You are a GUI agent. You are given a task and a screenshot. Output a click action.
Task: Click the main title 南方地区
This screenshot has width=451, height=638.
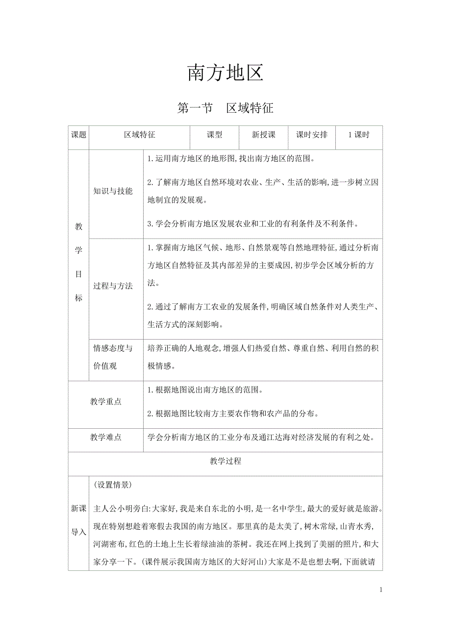coord(225,73)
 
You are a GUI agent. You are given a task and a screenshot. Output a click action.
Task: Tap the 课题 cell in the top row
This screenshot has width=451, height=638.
coord(78,135)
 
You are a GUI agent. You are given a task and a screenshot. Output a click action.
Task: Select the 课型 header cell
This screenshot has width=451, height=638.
coord(214,135)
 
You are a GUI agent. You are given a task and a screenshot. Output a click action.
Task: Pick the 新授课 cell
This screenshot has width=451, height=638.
coord(263,135)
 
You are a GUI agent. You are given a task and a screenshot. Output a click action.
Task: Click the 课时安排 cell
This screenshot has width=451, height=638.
coord(311,135)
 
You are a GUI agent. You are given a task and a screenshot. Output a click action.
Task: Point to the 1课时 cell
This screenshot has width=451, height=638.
coord(358,135)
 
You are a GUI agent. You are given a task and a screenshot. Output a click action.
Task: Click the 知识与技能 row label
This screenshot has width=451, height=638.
coord(113,192)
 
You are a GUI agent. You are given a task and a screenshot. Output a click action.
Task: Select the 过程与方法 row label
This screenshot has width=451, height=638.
coord(113,286)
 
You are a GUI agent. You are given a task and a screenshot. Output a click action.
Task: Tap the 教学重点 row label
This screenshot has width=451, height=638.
coord(106,402)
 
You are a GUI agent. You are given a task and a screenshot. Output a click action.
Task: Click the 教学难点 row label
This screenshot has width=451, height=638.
coord(106,437)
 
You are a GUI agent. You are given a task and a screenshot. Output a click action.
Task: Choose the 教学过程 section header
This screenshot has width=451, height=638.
coord(225,461)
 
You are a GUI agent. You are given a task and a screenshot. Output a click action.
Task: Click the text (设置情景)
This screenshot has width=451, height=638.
coord(112,485)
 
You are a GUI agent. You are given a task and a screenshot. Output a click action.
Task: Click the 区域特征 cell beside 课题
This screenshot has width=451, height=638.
coord(140,135)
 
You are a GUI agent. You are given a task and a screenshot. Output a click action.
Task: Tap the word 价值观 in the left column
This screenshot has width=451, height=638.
coord(105,366)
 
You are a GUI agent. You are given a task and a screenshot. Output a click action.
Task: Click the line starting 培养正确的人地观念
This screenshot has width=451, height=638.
coord(262,349)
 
